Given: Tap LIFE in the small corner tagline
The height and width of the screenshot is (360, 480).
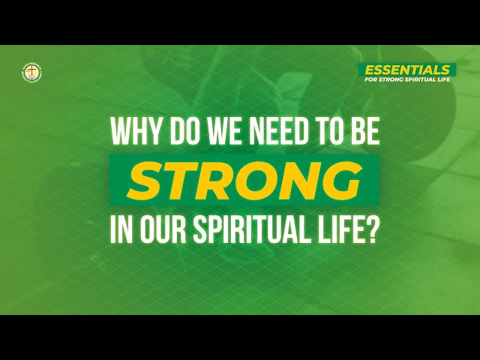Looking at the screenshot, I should pyautogui.click(x=446, y=79).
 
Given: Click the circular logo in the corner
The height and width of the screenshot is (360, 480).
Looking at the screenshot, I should pyautogui.click(x=31, y=72).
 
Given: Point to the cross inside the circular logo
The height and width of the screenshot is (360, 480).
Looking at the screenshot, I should pyautogui.click(x=31, y=72).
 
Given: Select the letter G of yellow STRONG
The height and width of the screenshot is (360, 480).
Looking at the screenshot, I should pyautogui.click(x=337, y=181).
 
